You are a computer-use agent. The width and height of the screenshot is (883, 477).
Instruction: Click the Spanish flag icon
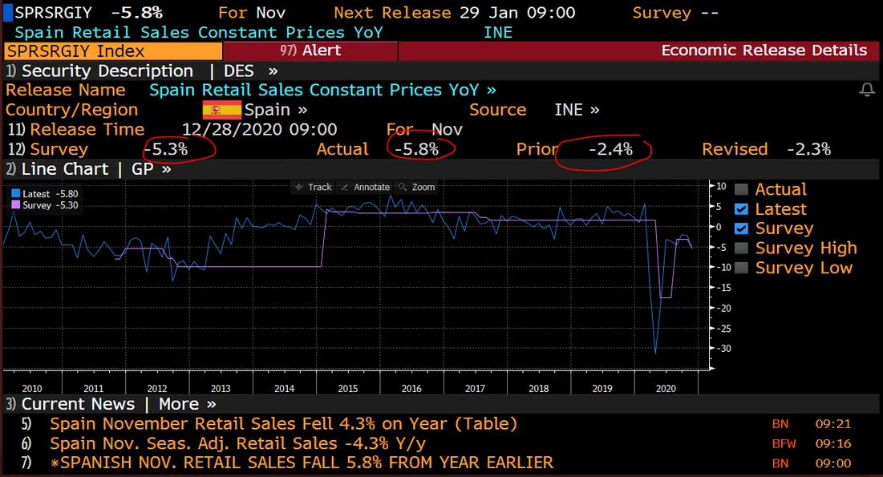(221, 110)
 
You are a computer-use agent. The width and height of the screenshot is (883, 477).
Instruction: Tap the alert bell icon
(867, 90)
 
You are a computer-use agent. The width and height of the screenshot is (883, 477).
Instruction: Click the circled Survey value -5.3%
(166, 149)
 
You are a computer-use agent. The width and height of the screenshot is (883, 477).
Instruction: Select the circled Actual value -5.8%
(417, 149)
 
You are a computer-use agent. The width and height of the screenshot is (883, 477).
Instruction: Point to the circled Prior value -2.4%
(610, 149)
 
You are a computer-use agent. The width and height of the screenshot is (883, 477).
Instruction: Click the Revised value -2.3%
(808, 149)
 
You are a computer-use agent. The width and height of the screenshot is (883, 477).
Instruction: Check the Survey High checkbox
(741, 249)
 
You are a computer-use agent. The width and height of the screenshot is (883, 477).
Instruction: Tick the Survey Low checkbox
(741, 268)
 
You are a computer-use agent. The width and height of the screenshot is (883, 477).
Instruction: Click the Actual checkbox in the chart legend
(741, 190)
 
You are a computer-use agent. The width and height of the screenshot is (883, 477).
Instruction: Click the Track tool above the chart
(314, 187)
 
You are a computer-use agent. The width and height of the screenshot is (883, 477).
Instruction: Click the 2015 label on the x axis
(348, 388)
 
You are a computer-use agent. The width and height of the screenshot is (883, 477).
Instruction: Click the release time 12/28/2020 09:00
(259, 130)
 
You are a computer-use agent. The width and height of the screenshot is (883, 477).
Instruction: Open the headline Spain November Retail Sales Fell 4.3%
(283, 424)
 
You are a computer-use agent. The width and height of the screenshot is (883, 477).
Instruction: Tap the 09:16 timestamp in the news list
(833, 443)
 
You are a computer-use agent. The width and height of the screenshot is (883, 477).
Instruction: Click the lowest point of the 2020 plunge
(655, 353)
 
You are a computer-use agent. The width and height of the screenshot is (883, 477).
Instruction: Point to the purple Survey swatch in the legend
(15, 205)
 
